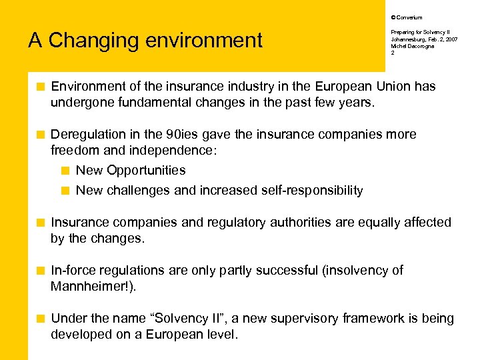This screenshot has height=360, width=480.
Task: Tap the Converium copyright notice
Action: point(406,17)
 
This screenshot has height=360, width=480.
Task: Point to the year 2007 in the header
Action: point(451,39)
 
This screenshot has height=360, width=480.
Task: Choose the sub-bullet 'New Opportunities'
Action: point(131,170)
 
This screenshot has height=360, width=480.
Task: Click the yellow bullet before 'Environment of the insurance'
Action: point(41,86)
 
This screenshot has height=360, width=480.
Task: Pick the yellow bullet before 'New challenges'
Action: point(65,190)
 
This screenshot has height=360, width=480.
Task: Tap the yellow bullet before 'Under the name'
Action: point(41,318)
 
